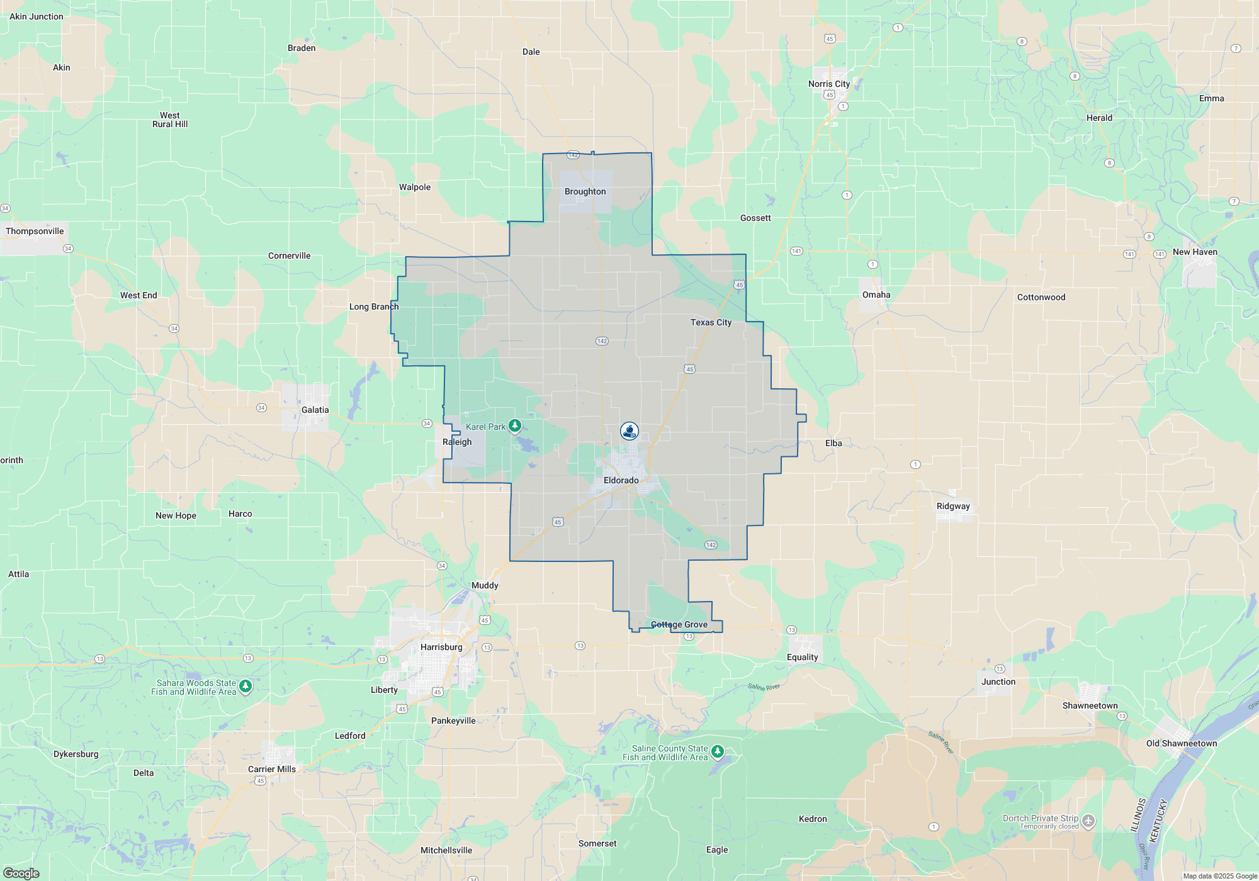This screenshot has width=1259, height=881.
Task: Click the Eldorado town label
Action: coord(621,481)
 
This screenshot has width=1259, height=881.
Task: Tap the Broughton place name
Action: coord(585,192)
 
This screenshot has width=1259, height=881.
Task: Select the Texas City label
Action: coord(711,323)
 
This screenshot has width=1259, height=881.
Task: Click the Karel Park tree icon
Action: coord(515,427)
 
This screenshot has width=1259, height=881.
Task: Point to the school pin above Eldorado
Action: coord(629,431)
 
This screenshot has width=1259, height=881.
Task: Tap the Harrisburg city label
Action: coord(441,648)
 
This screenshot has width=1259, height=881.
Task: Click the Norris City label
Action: coord(828,84)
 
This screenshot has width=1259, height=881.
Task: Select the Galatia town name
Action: coord(315,410)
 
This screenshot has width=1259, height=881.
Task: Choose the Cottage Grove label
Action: coord(679,625)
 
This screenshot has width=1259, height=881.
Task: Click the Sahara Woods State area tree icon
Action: coord(246,686)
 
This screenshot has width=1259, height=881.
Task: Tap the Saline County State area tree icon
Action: coord(717,751)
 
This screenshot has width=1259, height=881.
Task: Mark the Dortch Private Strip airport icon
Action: coord(1089,821)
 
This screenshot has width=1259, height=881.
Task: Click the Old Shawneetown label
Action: coord(1181,744)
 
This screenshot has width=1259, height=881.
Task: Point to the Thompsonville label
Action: coord(35,232)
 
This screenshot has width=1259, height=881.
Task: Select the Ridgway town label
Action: coord(953,507)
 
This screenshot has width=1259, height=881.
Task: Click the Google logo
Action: coord(21,873)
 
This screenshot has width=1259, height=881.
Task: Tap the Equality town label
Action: coord(802,658)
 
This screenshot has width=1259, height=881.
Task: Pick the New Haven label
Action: coord(1194,252)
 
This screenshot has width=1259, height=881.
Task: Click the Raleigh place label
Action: coord(456,442)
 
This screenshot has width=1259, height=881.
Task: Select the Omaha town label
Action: coord(876,295)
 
